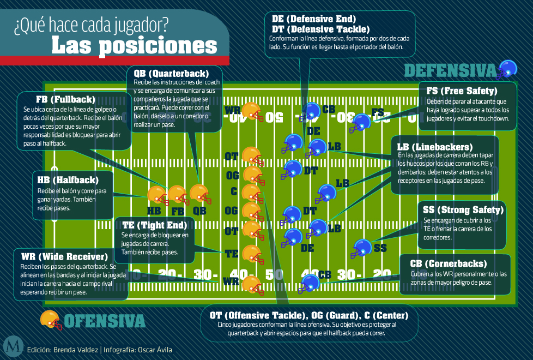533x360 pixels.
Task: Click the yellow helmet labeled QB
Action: click(x=199, y=194)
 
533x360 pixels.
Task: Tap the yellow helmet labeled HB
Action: click(x=157, y=194)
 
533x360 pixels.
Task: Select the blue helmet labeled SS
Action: click(x=361, y=248)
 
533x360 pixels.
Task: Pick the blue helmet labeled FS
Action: click(x=360, y=123)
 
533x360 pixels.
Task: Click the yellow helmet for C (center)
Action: click(x=251, y=193)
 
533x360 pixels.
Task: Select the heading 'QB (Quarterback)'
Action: click(x=170, y=73)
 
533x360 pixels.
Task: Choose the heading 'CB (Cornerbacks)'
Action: click(x=449, y=263)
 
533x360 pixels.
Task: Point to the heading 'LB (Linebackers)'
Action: click(x=434, y=147)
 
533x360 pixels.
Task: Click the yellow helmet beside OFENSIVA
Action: click(x=51, y=320)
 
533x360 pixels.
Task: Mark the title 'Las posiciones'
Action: click(x=134, y=45)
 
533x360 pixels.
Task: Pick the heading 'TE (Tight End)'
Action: click(x=154, y=225)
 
